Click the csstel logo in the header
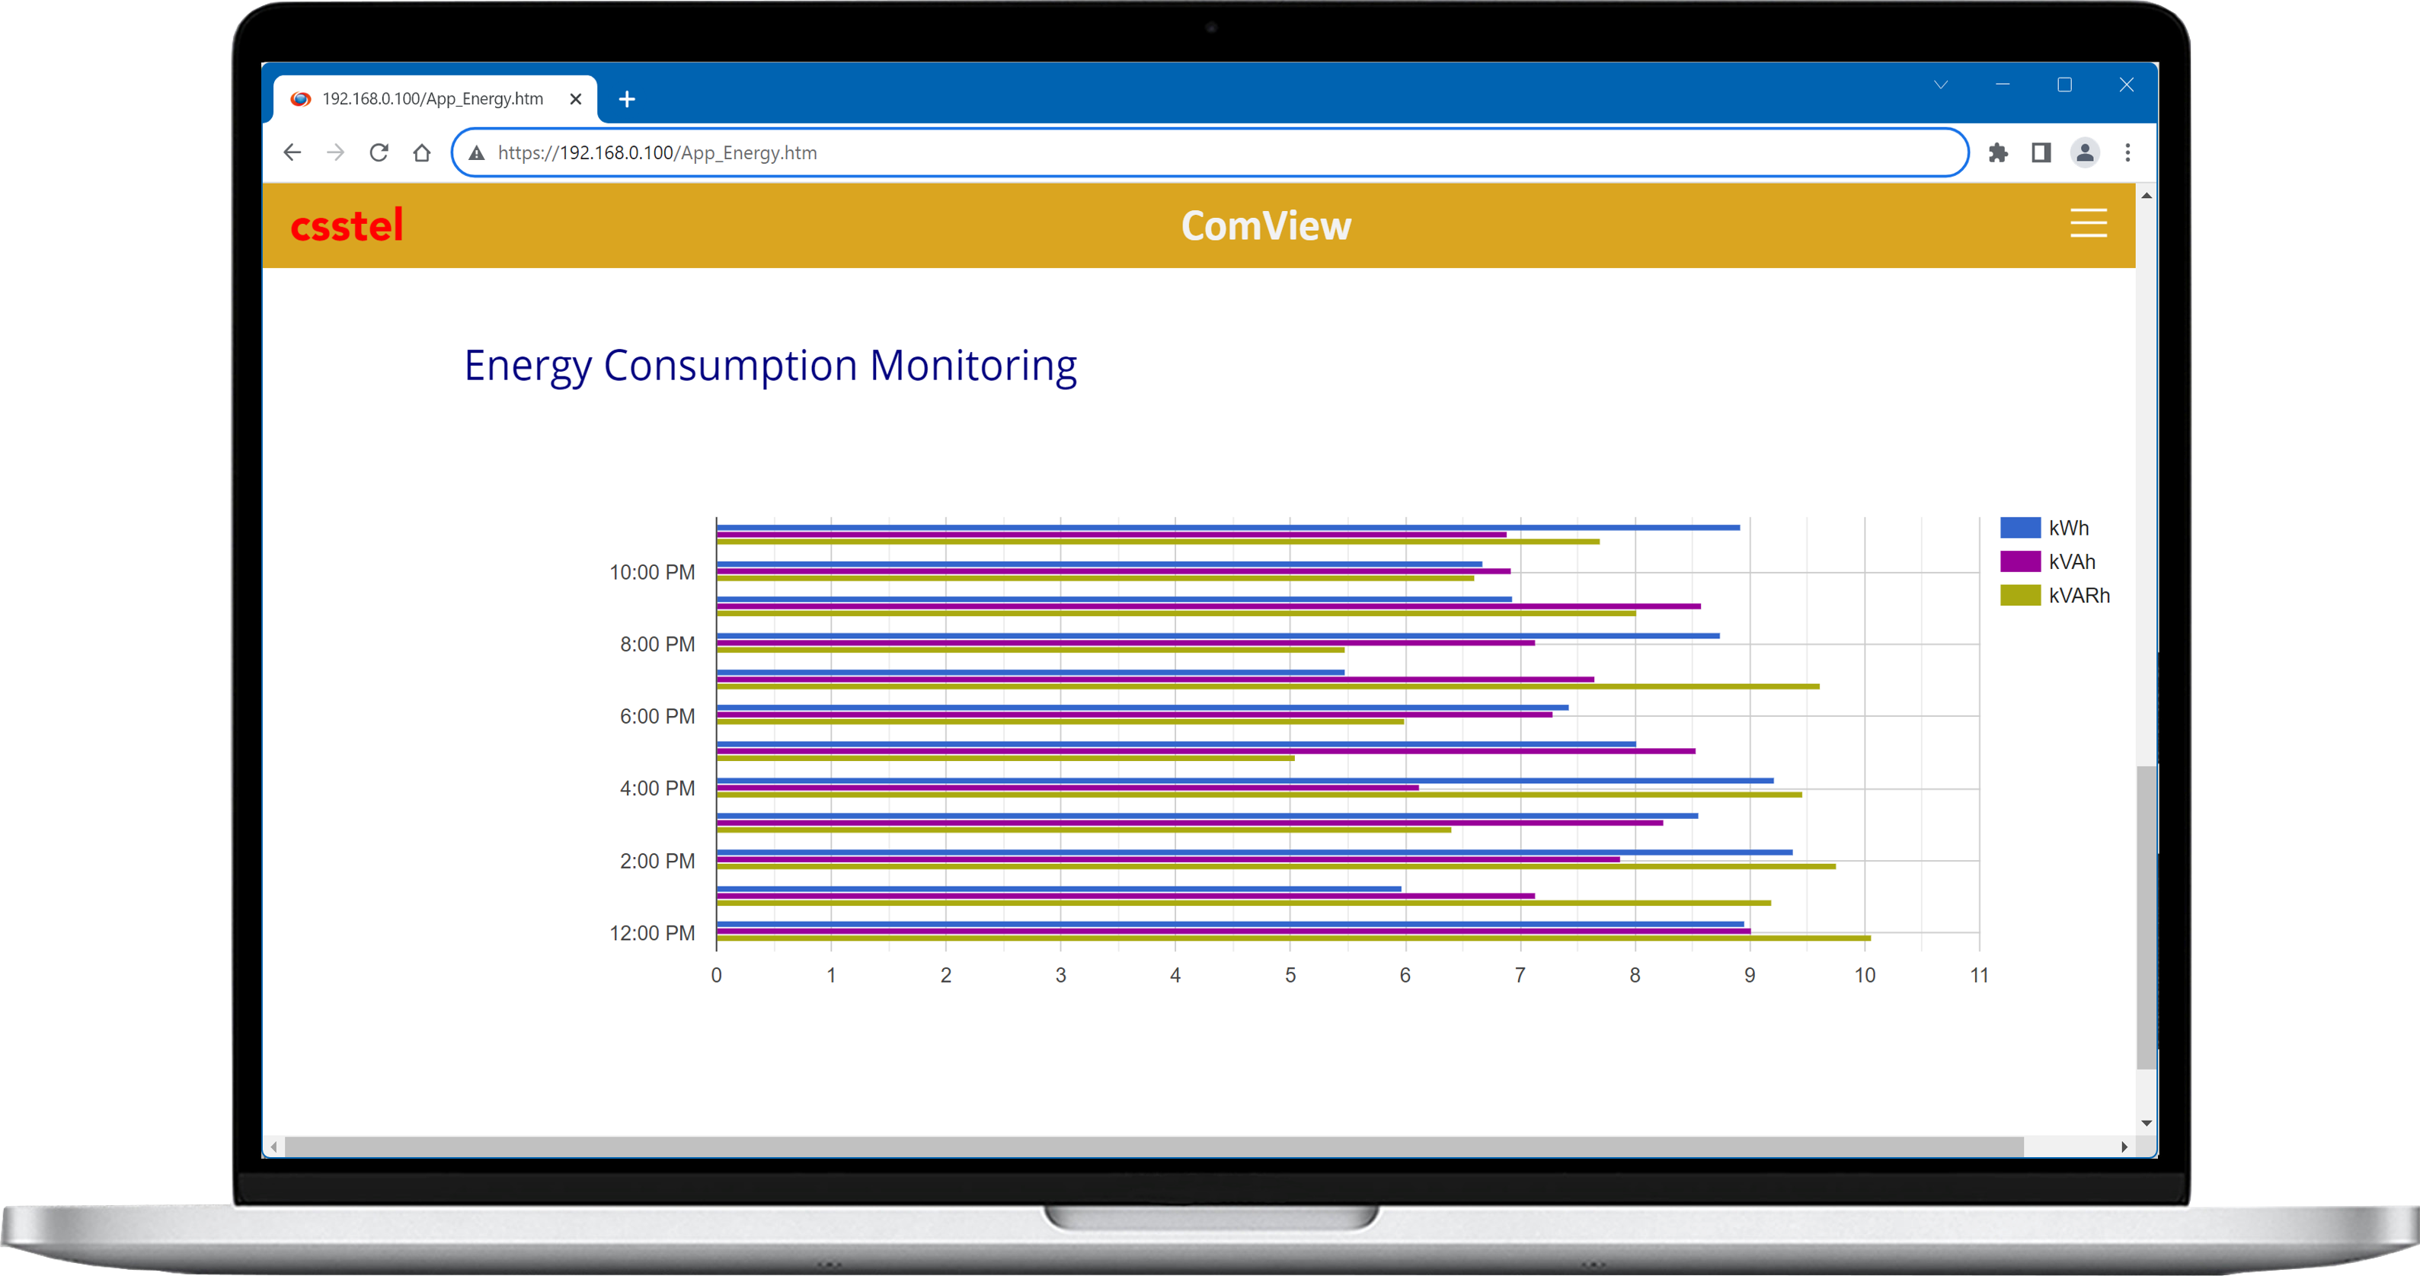coord(347,225)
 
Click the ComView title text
coord(1265,225)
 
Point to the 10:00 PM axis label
coord(652,572)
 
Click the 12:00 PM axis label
coord(652,933)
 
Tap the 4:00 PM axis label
coord(657,788)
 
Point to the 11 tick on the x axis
coord(1978,975)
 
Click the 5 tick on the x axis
coord(1290,975)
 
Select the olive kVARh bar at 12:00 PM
coord(1293,939)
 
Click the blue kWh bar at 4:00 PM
coord(1244,781)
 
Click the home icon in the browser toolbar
coord(422,152)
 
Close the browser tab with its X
coord(576,99)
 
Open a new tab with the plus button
coord(627,99)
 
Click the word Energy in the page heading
coord(527,366)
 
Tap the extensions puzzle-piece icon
coord(1997,152)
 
